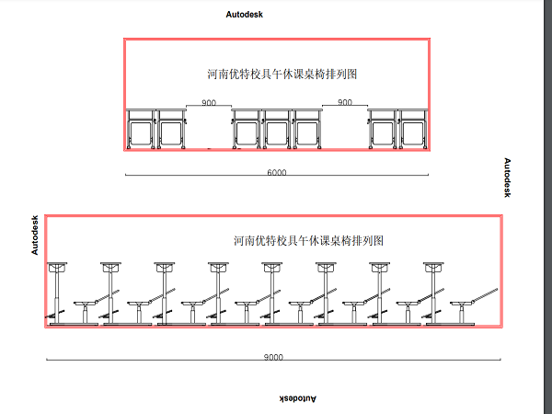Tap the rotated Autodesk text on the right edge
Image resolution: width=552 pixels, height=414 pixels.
pos(507,178)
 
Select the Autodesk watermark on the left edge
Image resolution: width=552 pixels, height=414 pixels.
pos(35,235)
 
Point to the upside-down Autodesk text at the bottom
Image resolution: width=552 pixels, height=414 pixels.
pos(297,398)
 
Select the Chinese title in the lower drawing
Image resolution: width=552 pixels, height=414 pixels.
pos(308,240)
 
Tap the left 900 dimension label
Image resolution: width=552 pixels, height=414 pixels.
pos(209,103)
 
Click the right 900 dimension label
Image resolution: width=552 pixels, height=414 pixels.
pos(345,103)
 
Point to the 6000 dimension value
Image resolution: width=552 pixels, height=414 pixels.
pos(276,172)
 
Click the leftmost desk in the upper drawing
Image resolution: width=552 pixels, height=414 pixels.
pos(140,129)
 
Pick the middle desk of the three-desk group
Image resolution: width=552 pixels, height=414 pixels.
pos(277,129)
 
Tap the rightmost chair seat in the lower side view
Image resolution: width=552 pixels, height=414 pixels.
pos(466,303)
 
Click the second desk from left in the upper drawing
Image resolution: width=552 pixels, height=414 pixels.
pos(170,129)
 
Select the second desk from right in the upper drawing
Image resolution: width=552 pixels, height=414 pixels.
pos(383,129)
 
